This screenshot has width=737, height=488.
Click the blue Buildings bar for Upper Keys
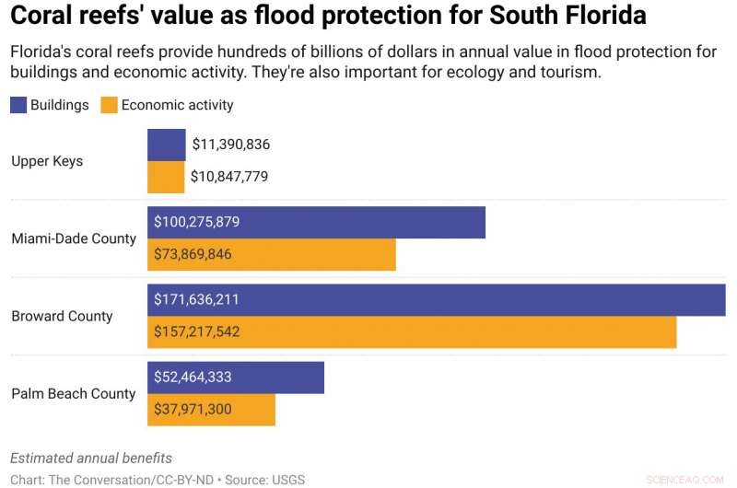[166, 145]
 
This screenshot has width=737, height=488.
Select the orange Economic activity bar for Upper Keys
[166, 177]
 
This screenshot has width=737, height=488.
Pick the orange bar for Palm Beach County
[211, 410]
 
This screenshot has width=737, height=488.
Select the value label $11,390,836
[230, 145]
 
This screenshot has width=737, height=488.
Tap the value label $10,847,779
[229, 177]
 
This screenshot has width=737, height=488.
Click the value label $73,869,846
[193, 254]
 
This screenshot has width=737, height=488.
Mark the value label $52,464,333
[193, 377]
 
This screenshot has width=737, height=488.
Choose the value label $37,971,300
[193, 410]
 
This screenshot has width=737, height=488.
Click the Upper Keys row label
[47, 161]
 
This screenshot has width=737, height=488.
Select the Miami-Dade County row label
[74, 238]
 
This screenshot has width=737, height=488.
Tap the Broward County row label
[62, 316]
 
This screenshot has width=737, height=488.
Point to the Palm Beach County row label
[74, 393]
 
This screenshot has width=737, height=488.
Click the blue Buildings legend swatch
[18, 105]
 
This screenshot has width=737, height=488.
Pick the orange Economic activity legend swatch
[109, 105]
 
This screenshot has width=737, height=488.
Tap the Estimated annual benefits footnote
[91, 458]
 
